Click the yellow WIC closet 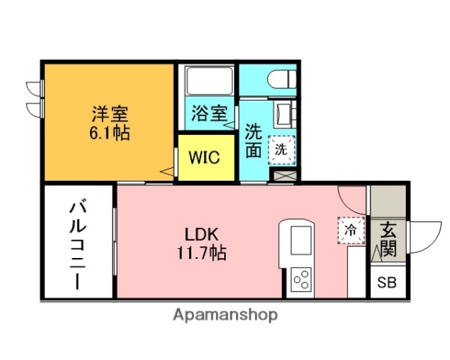(x=203, y=157)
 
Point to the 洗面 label (x=253, y=139)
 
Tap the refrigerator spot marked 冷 (x=350, y=229)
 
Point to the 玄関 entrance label (x=388, y=239)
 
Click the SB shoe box (x=387, y=283)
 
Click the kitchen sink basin (x=295, y=240)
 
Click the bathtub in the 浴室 (x=207, y=81)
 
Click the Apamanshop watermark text (x=225, y=315)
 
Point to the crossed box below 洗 (x=284, y=175)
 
